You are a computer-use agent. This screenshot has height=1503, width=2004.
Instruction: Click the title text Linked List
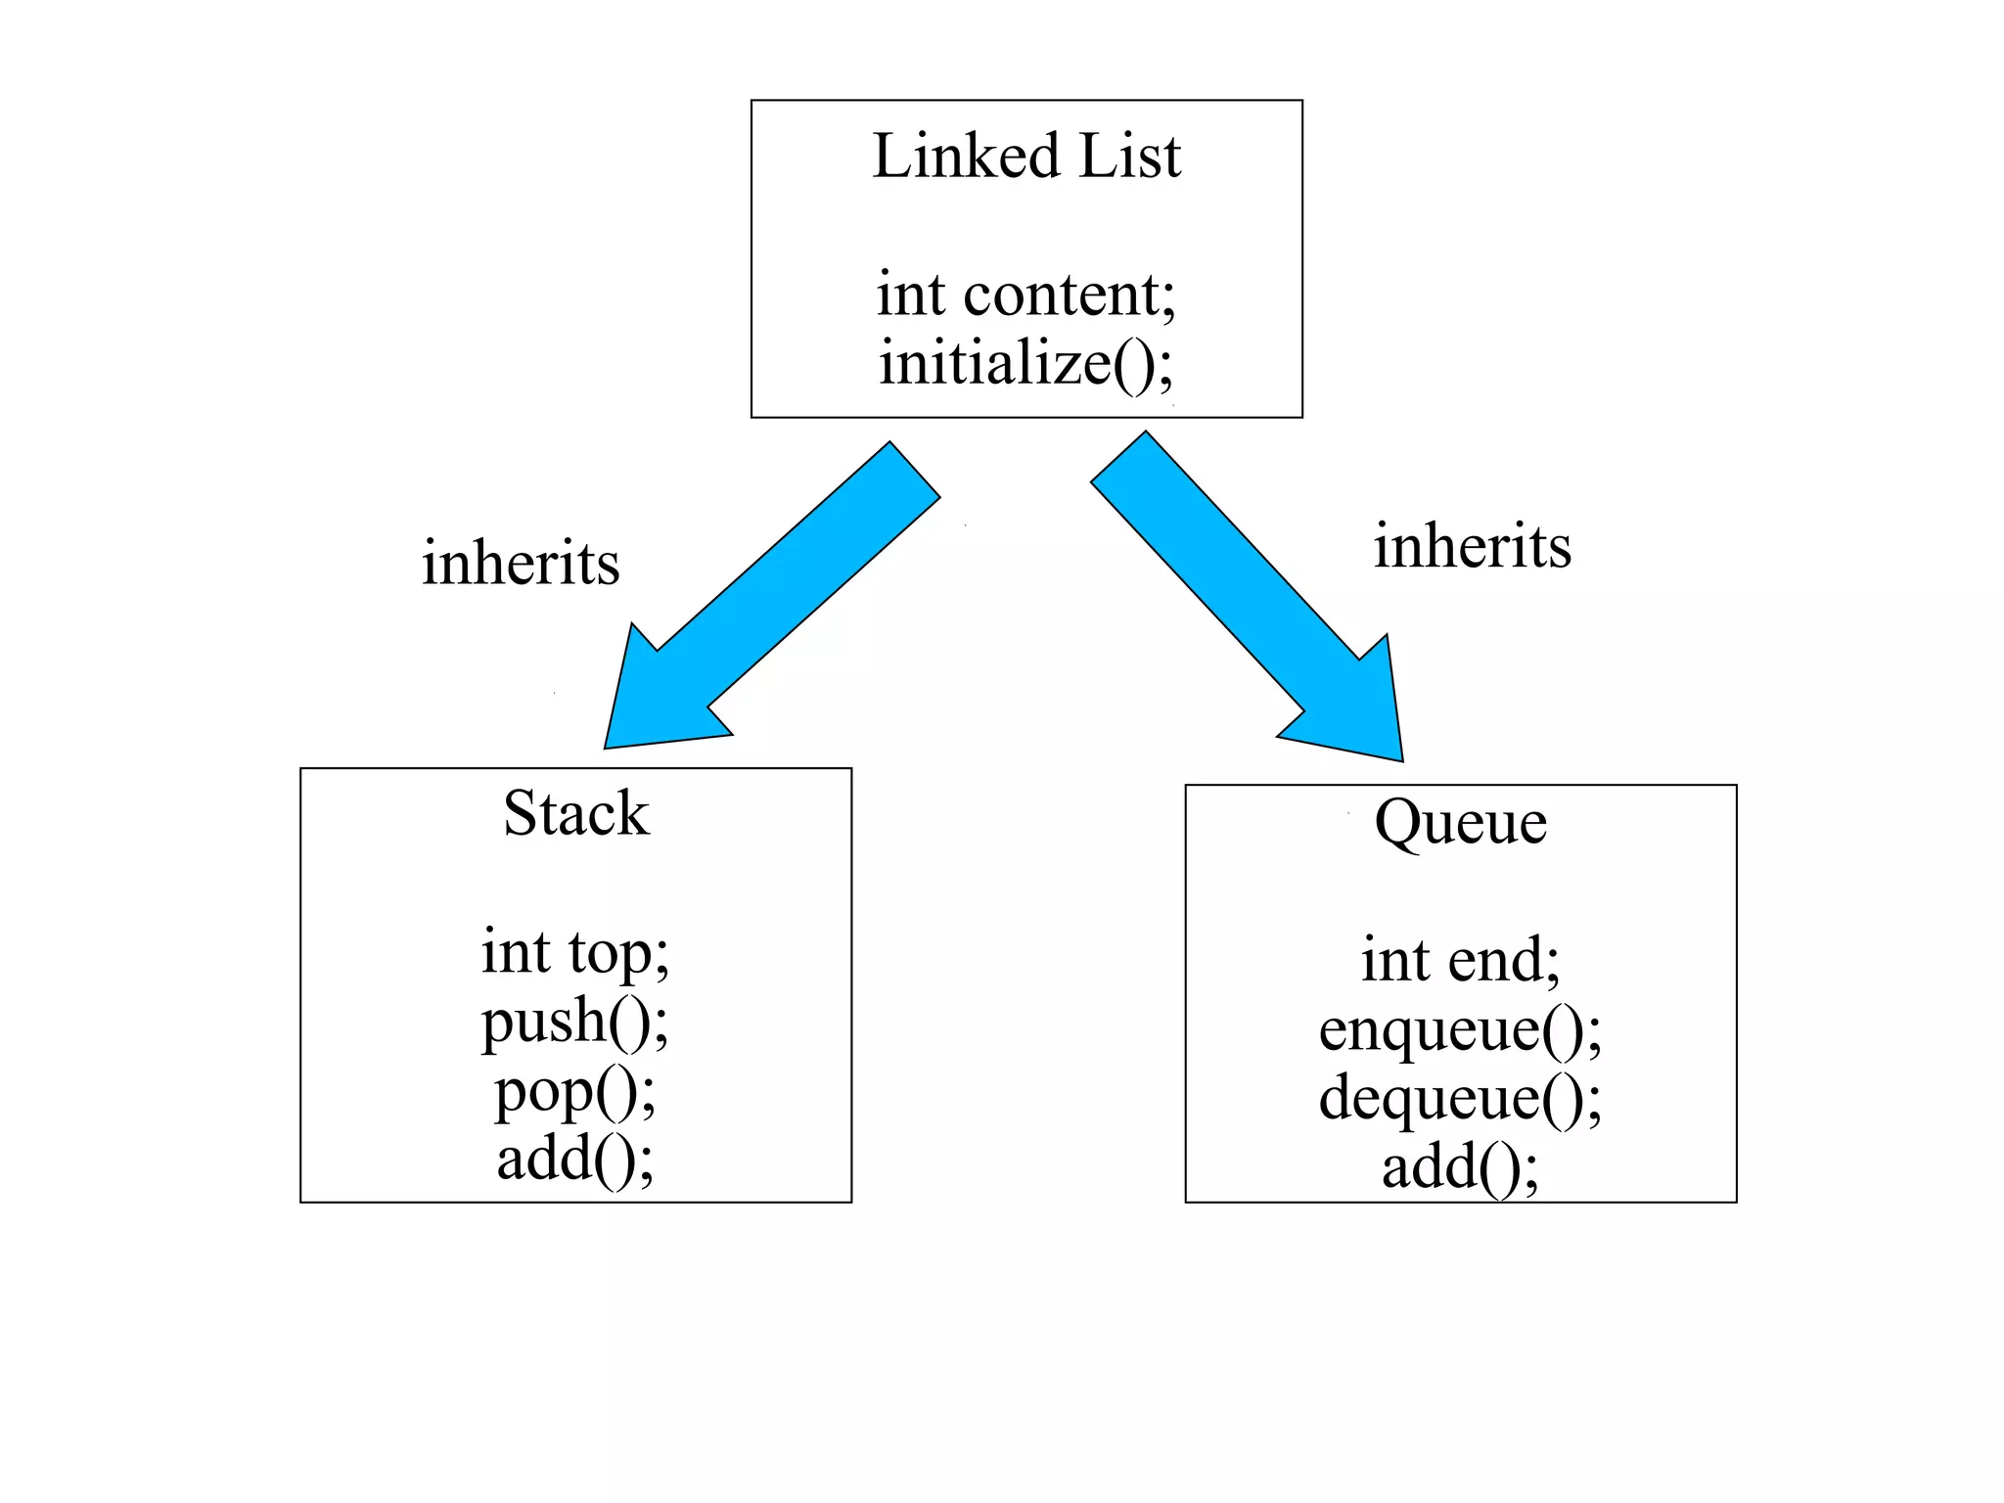click(1026, 157)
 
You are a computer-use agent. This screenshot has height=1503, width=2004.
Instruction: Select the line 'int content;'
click(1026, 295)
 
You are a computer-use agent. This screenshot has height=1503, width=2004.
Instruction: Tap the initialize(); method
click(1026, 363)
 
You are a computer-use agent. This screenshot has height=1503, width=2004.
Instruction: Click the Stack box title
click(575, 813)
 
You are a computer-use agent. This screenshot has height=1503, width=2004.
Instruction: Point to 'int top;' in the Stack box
click(575, 952)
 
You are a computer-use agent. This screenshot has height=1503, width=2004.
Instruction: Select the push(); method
click(575, 1021)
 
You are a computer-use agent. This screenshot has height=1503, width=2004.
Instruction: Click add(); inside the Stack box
click(575, 1159)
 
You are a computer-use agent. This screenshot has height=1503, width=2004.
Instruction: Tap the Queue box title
click(1460, 822)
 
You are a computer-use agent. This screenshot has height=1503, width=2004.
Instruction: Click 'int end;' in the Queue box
click(1460, 960)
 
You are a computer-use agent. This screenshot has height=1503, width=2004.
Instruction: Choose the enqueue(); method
click(1460, 1029)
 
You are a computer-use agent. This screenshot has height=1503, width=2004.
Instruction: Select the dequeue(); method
click(1460, 1098)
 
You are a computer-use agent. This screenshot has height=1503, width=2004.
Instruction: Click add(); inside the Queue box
click(1460, 1167)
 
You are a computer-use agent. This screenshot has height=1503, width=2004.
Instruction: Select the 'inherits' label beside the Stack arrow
click(521, 564)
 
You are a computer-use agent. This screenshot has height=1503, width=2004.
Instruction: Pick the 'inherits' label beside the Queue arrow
click(1472, 546)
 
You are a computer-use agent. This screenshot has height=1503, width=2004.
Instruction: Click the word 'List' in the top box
click(1130, 157)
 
